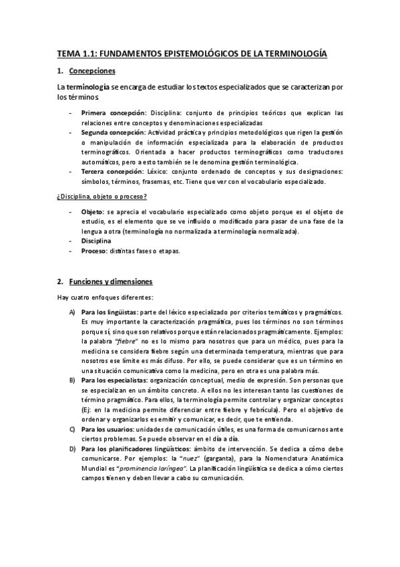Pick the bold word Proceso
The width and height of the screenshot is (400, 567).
coord(94,251)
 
